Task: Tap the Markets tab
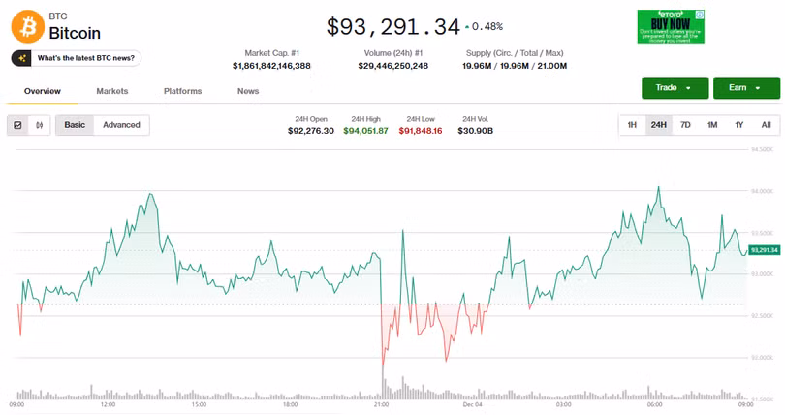click(112, 91)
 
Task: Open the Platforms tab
click(182, 91)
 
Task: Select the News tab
click(248, 91)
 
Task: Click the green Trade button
click(674, 87)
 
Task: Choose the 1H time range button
click(632, 125)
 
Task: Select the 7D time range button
click(685, 125)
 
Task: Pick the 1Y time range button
click(738, 125)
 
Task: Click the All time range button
click(766, 125)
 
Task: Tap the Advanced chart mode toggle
click(121, 125)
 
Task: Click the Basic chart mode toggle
click(75, 125)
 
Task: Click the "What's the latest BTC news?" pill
click(77, 58)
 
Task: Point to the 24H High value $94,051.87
click(365, 131)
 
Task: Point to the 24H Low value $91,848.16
click(420, 131)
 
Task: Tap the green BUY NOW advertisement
click(671, 26)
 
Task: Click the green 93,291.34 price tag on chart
click(764, 250)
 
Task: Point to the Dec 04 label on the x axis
click(473, 404)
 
